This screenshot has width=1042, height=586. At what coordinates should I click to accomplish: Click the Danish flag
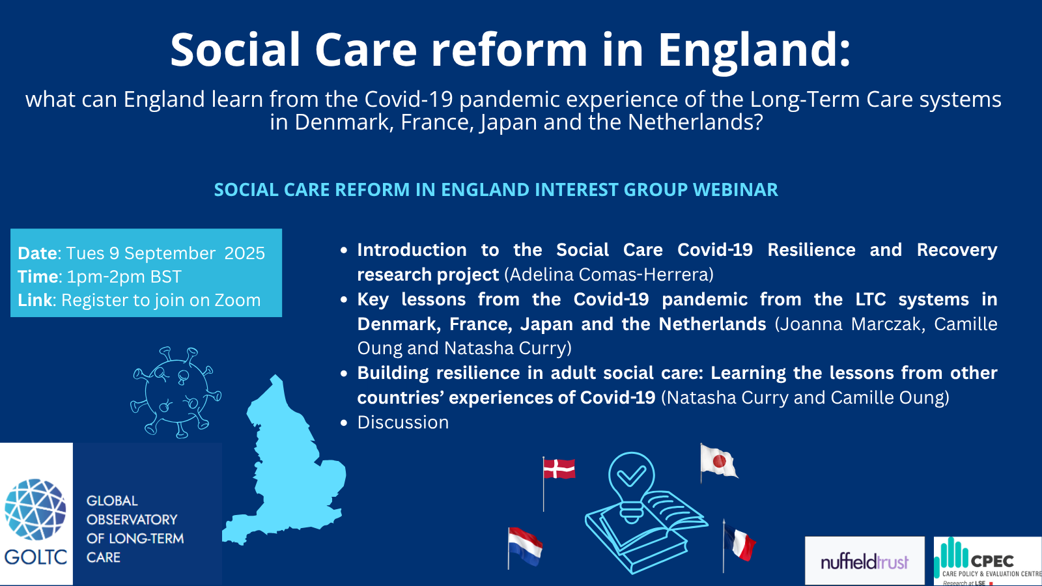point(559,469)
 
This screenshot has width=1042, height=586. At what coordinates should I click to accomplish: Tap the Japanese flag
point(719,461)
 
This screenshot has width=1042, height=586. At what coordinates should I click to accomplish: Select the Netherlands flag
point(525,546)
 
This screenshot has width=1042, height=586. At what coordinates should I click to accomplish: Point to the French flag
point(739,542)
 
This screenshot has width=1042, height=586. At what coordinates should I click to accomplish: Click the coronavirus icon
point(176,392)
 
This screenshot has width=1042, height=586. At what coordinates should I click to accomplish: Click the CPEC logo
point(987,561)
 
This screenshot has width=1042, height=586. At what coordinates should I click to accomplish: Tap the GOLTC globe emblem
point(35,509)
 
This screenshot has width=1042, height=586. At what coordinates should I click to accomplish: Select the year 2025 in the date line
point(245,253)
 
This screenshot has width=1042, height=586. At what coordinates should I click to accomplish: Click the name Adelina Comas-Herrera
point(609,274)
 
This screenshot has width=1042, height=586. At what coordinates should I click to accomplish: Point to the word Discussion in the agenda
point(403,423)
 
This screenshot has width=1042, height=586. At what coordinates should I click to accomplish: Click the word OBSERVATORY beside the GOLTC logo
point(132,520)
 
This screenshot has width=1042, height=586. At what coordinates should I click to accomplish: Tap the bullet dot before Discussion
point(345,423)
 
